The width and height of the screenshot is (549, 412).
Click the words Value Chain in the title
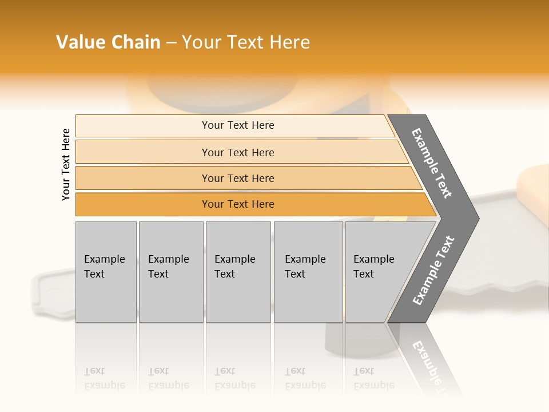(x=108, y=42)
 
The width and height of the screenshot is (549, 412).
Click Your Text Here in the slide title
(x=246, y=42)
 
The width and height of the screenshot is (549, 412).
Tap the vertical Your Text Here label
(x=66, y=164)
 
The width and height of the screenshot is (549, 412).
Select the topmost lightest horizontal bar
(x=143, y=126)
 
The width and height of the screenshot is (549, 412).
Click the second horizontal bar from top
(x=143, y=152)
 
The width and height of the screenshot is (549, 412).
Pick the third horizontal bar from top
(x=143, y=179)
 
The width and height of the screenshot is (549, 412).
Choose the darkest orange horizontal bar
(x=143, y=204)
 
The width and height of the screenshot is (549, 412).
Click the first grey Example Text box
(x=106, y=286)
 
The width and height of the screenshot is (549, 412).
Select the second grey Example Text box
(x=171, y=286)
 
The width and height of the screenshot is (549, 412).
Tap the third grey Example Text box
(x=238, y=286)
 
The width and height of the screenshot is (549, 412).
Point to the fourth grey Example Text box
(x=308, y=286)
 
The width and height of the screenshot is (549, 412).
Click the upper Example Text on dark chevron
(x=432, y=163)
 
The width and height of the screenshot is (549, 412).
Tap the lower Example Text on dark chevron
(x=433, y=271)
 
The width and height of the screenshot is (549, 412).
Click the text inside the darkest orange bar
(x=238, y=204)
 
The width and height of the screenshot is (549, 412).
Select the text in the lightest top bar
(x=238, y=125)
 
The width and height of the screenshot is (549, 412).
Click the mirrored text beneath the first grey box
(x=105, y=378)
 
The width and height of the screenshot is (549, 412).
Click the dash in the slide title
(x=171, y=43)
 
